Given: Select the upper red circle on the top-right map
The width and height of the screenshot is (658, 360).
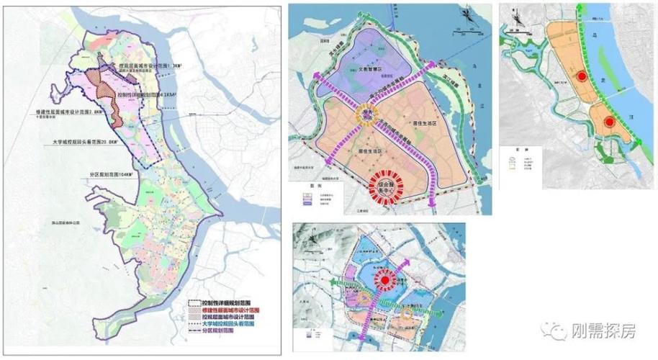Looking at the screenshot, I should (x=580, y=76).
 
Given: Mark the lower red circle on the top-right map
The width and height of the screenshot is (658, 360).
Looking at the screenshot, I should (x=609, y=122).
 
